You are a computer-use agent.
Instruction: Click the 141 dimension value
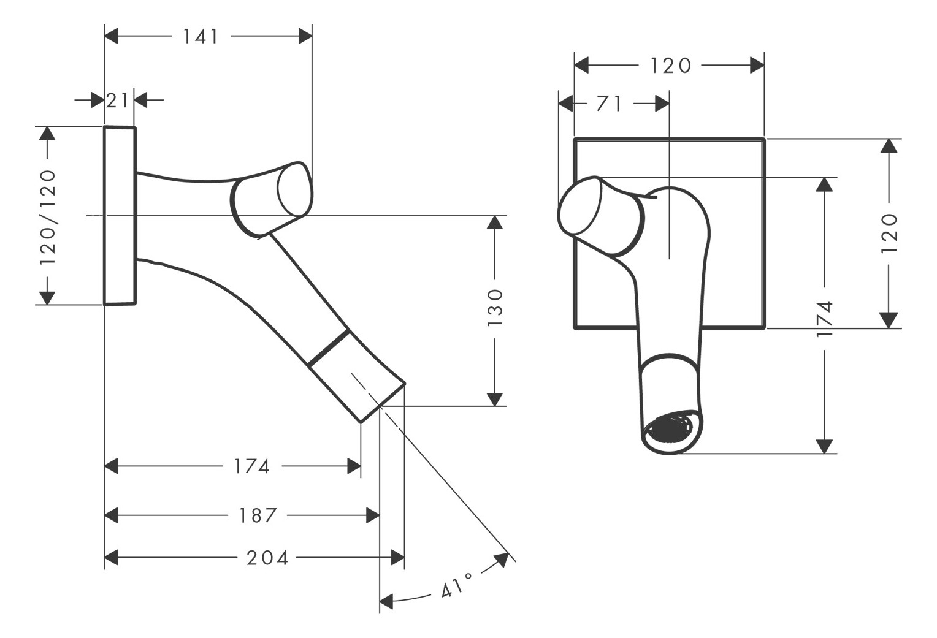(201, 37)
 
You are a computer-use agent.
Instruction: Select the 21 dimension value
(117, 100)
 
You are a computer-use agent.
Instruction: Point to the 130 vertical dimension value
(495, 306)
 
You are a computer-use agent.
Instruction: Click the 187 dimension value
(258, 515)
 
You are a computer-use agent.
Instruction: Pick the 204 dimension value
(267, 558)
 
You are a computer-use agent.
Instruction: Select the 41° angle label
(456, 585)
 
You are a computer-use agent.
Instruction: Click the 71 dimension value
(609, 104)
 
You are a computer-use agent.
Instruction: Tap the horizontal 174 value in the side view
(251, 466)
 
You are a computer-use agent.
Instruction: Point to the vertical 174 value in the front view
(825, 318)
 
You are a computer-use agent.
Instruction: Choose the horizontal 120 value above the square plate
(670, 66)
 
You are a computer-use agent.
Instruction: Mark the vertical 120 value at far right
(889, 233)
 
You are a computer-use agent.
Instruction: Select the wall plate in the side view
(120, 216)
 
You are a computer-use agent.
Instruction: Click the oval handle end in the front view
(579, 205)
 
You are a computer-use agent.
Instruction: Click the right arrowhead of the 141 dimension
(305, 37)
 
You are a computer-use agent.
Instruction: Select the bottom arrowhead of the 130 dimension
(495, 398)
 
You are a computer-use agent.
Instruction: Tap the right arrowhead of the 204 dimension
(397, 558)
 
